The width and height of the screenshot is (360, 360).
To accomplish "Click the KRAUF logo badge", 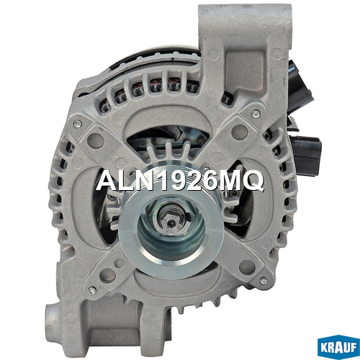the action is [x=338, y=347].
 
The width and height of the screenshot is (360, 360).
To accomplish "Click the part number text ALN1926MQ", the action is [x=180, y=180].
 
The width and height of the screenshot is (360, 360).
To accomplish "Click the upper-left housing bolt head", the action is [x=77, y=124].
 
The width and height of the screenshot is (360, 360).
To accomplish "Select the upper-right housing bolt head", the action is [x=256, y=114].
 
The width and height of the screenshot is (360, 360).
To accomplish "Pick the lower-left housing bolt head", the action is [x=92, y=290].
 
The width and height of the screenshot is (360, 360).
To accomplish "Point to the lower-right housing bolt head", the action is [x=264, y=280].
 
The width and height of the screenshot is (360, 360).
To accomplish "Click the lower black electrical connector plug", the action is [x=305, y=155].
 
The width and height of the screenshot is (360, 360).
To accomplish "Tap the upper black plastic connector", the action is [x=301, y=83].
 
